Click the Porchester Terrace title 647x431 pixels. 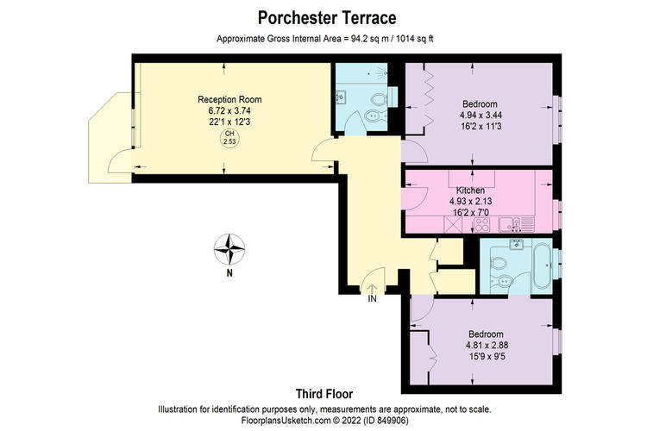(x=327, y=18)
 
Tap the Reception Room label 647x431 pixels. (x=229, y=99)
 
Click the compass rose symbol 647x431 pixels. (x=229, y=249)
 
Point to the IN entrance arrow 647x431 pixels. (x=372, y=288)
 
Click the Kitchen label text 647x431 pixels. (x=470, y=191)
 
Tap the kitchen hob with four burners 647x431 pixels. (x=481, y=225)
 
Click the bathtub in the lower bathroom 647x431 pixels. (x=542, y=265)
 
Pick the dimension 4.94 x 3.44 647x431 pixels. (x=481, y=115)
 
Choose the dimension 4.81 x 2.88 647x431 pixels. (x=487, y=345)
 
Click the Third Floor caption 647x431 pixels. (x=324, y=394)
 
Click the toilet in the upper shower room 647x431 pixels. (x=379, y=99)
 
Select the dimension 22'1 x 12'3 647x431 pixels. (x=229, y=122)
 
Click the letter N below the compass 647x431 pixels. (x=229, y=272)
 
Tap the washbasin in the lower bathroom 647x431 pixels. (x=516, y=244)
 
